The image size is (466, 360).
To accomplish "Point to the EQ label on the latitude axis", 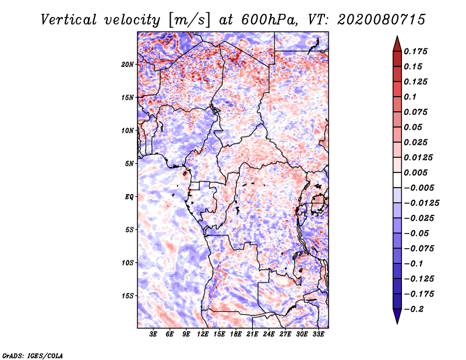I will coord(129,197).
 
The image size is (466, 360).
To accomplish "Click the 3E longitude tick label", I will coord(154,335).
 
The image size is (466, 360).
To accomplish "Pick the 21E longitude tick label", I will coord(252,335).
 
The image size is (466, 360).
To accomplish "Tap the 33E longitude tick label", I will coord(318,335).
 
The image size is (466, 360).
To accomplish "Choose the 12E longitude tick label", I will coord(203,335).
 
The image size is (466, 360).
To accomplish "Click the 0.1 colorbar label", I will coord(411,97).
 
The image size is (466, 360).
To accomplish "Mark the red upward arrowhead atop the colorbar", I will coord(397,43).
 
